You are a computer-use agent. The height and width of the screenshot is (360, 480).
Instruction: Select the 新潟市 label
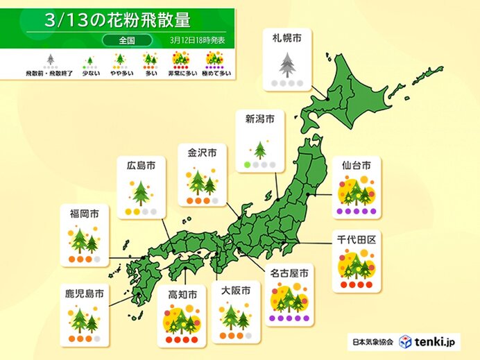pos(260,119)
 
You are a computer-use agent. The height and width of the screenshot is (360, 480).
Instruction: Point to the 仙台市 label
pos(356,166)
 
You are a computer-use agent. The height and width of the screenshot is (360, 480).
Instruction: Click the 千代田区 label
pos(356,239)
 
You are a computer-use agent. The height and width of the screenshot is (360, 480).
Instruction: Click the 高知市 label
pos(182,294)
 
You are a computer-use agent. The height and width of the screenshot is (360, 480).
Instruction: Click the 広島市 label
pos(140,166)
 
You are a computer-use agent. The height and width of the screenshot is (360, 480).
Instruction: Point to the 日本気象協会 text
pos(371,341)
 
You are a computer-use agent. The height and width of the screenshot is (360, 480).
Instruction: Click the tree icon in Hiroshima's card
pos(141,191)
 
